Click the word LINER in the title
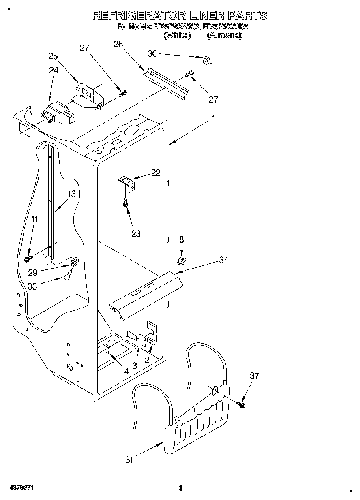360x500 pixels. (x=201, y=15)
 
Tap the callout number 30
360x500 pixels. (x=152, y=53)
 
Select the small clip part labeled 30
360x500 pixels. (x=208, y=60)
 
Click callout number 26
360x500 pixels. (x=118, y=44)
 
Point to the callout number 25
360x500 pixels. (x=53, y=56)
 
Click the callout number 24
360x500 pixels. (x=54, y=70)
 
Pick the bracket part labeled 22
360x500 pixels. (x=126, y=182)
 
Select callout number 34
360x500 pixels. (x=223, y=260)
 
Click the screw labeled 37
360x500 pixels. (x=242, y=404)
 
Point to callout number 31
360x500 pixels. (x=129, y=459)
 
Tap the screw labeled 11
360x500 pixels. (x=28, y=258)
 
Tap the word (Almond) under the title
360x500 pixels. (x=224, y=35)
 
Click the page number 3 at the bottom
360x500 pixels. (x=181, y=488)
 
